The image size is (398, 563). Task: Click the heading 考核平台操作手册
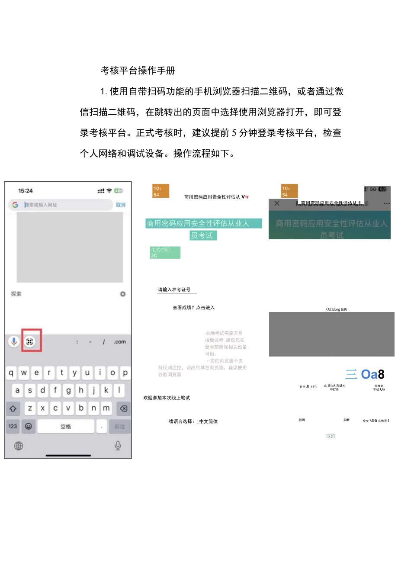coord(138,70)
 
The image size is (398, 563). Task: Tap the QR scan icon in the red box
coord(29,341)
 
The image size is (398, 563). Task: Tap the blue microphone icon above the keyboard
coord(14,341)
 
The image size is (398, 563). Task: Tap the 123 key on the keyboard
coord(13,426)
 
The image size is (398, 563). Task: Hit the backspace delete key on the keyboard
coord(123,408)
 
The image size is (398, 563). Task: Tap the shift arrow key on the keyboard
coord(13,408)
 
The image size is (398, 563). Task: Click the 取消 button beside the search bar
coord(120,205)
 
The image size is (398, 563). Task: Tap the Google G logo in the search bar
coord(15,205)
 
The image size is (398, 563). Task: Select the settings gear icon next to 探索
coord(123,294)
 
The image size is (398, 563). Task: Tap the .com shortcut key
coord(120,342)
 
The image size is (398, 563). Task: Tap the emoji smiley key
coord(29,426)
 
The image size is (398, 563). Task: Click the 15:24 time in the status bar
coord(25,191)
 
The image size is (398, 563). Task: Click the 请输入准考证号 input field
coord(177,290)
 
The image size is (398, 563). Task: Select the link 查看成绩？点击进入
coord(193,308)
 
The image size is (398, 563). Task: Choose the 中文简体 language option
coord(208,421)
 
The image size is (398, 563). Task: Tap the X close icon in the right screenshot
coord(277,203)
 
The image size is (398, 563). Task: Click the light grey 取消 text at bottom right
coord(331,436)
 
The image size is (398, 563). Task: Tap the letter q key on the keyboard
coord(11,372)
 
